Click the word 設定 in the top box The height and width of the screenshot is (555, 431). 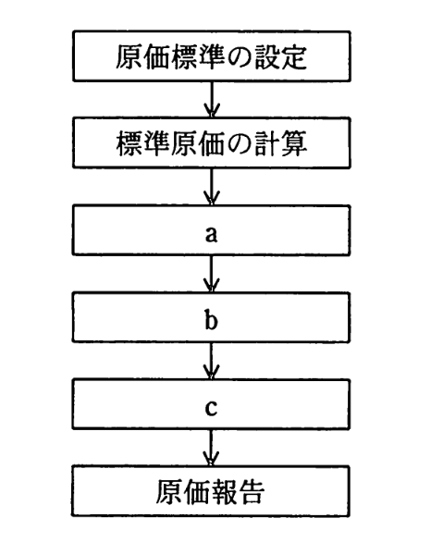tap(294, 58)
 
